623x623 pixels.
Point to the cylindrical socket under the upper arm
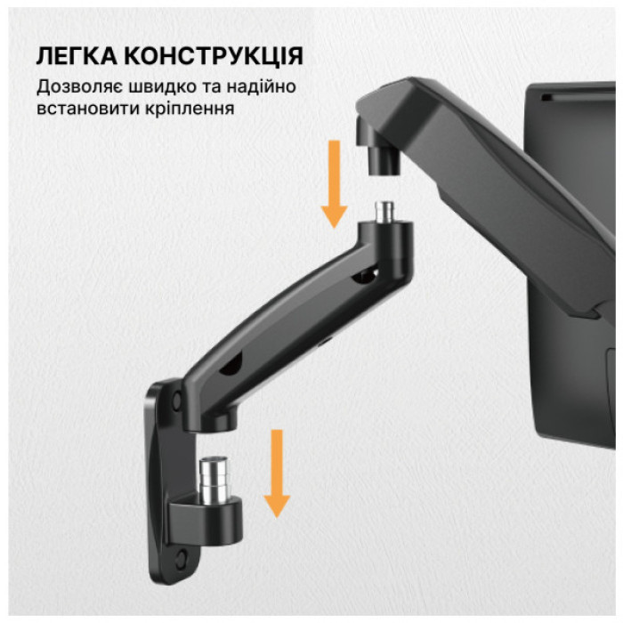click(x=381, y=158)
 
